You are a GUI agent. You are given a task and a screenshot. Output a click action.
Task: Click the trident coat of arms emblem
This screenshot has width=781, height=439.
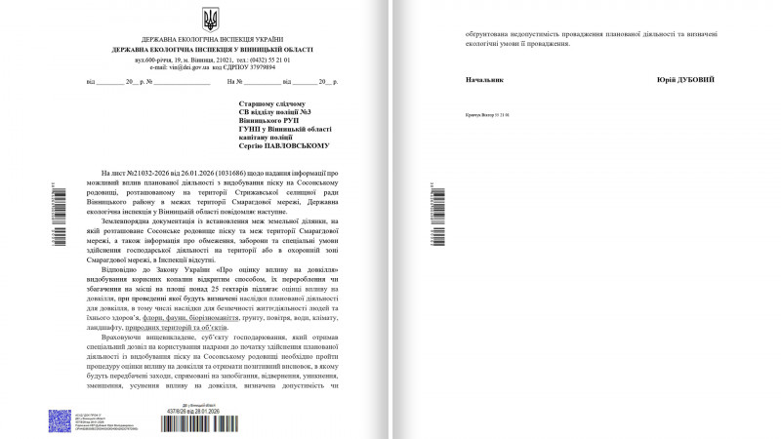(210, 19)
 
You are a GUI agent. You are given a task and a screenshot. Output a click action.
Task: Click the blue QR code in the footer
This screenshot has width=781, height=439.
(59, 421)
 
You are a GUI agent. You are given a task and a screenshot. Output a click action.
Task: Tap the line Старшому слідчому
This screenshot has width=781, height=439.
(271, 102)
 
